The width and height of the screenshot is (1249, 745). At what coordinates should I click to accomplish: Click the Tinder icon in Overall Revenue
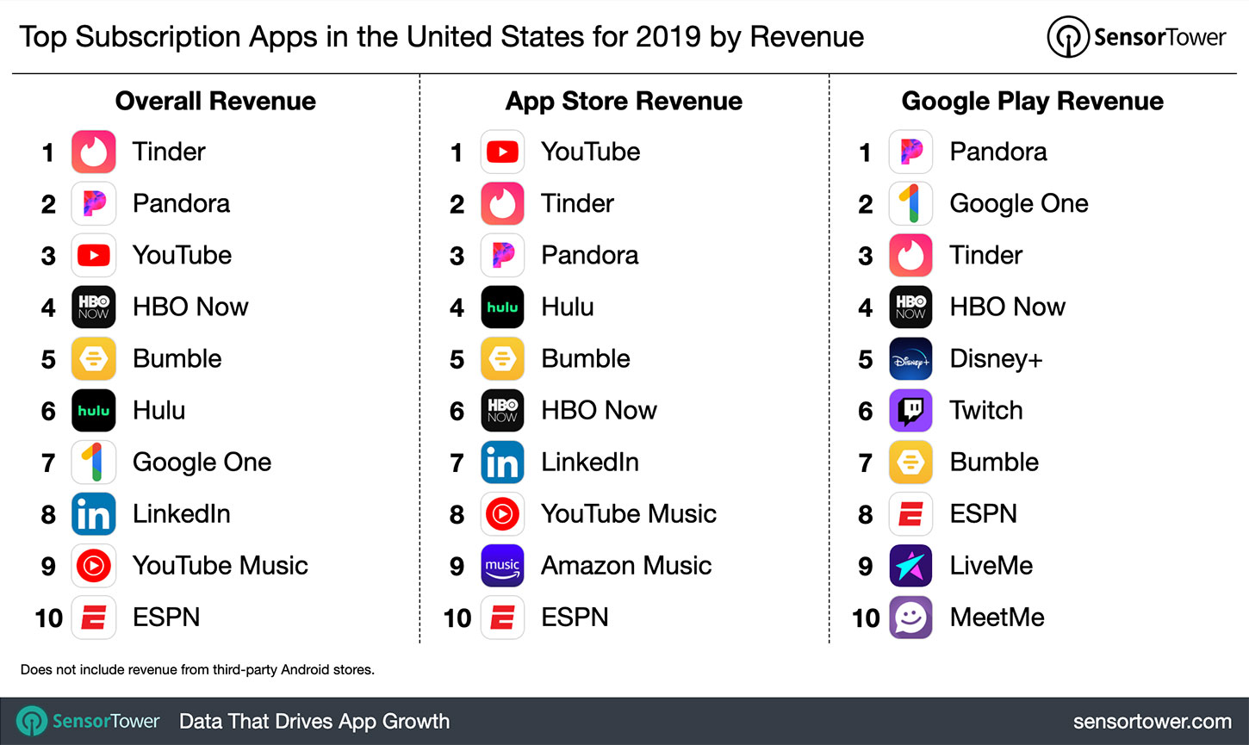coord(93,152)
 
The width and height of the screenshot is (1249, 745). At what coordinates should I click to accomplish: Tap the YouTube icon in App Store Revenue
coord(502,152)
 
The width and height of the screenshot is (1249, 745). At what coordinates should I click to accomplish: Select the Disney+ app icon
coord(910,359)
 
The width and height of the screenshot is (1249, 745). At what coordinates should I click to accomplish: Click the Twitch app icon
coord(910,411)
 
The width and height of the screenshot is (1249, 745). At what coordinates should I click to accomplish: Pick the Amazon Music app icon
coord(502,566)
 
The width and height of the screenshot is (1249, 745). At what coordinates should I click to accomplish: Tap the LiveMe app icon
coord(910,566)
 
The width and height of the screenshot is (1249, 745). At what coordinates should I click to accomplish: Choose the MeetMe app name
coord(997,618)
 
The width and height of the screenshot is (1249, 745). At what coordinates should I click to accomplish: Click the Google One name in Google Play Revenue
coord(1018,204)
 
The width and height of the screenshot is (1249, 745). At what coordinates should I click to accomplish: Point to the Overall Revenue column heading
coord(215,102)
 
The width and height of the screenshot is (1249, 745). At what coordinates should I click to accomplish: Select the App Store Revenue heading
coord(624,102)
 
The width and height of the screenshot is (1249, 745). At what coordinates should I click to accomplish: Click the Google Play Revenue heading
coord(1032,102)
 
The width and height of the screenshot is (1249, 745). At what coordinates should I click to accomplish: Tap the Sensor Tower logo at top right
coord(1136,37)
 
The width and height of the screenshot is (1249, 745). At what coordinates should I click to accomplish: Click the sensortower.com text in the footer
coord(1152,722)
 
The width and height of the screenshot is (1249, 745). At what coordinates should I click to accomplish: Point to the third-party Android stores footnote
coord(197,669)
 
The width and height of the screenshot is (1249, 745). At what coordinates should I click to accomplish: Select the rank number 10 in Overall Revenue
coord(49,618)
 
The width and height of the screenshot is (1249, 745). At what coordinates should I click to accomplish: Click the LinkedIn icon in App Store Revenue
coord(502,463)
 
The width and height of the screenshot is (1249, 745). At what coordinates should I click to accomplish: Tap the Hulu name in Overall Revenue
coord(158,411)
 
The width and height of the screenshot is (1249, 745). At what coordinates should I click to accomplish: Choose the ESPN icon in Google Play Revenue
coord(910,514)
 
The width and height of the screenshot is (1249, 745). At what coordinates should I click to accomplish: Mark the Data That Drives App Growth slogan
coord(314,722)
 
